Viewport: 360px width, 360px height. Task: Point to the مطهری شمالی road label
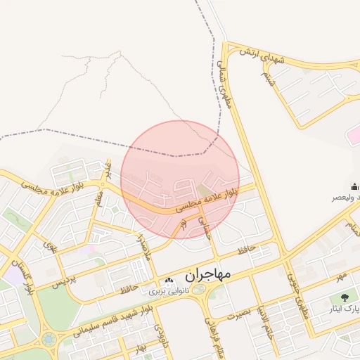coord(226,91)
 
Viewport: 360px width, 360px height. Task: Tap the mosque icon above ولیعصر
coord(355,186)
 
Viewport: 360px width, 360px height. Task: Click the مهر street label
coord(341,275)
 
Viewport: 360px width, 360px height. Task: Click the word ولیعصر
coord(345,198)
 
